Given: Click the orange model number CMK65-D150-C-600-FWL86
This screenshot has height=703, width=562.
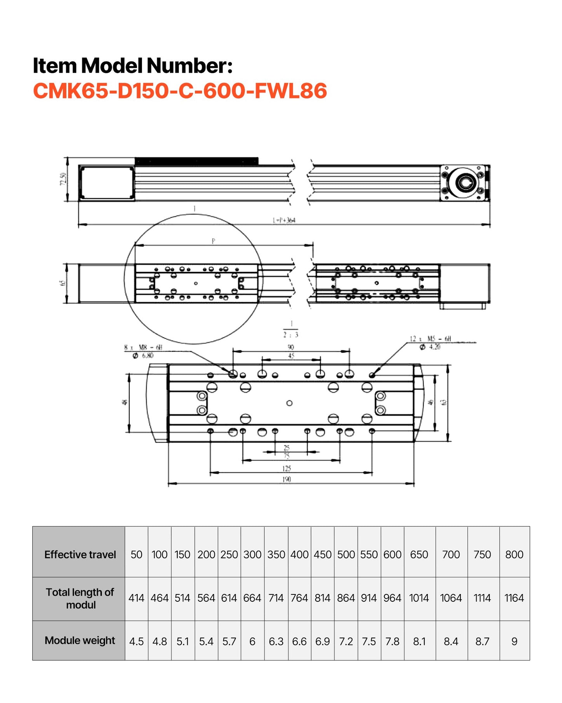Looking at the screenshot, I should point(180,91).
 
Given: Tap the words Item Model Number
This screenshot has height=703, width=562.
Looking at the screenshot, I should point(132,65).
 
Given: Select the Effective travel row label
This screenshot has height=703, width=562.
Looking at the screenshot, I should point(80,554).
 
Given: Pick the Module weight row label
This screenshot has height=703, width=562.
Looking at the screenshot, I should point(80,640).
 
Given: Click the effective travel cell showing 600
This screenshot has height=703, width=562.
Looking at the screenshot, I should point(392,554).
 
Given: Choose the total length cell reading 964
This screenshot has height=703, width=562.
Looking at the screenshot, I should point(392,598).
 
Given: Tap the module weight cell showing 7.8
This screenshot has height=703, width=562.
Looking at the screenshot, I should point(392,641).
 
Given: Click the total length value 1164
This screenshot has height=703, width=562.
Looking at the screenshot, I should point(514,598).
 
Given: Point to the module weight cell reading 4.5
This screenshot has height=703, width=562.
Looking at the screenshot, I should point(136,641).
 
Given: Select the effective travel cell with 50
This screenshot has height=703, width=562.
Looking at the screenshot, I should point(136,554).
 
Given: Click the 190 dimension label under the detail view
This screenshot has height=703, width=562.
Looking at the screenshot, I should point(287,479).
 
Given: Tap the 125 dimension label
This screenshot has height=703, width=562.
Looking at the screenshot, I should point(287,468).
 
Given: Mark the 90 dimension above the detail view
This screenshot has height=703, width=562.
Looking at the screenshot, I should point(291,347).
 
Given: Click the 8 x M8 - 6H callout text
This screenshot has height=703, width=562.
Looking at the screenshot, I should point(143,347).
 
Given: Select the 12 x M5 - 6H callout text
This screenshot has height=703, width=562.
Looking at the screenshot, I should point(430,339).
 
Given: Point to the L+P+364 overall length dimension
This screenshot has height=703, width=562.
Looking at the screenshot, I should point(284,220).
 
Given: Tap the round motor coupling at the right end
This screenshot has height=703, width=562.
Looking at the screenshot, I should point(465,183).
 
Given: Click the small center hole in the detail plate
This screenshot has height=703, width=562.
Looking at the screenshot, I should point(289,403).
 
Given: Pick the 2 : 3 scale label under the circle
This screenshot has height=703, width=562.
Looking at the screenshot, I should point(291,335).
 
